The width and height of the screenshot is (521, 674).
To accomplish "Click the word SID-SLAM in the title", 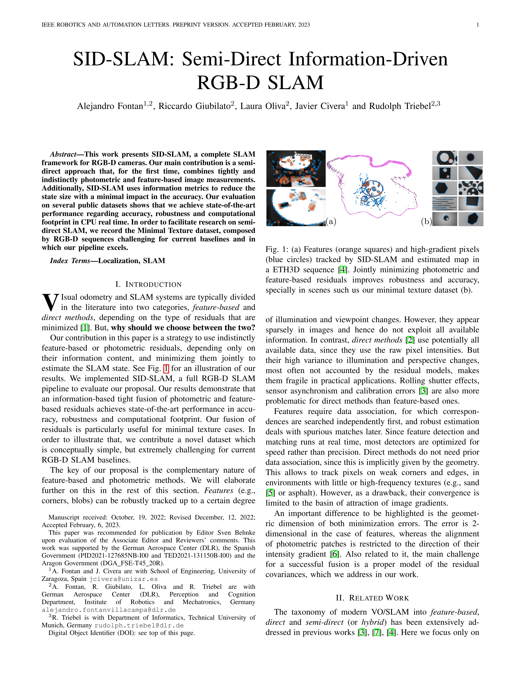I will click(x=121, y=59).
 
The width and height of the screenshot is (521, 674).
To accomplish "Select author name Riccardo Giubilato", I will click(x=195, y=106).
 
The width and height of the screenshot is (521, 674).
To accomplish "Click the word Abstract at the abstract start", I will click(x=63, y=154).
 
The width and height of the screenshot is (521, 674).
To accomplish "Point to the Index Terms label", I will click(x=70, y=261).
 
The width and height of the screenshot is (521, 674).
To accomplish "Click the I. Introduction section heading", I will click(x=149, y=284).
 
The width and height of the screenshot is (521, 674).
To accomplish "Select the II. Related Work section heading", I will click(x=372, y=598).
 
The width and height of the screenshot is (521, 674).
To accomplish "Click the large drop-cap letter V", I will click(x=50, y=302).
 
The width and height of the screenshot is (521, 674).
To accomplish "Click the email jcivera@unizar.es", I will click(x=123, y=579).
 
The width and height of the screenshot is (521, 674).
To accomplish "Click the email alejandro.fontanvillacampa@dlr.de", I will click(x=109, y=610).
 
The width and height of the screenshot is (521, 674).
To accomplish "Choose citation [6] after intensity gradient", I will click(x=335, y=554).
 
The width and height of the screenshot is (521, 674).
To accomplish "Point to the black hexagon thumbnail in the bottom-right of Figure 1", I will click(x=471, y=219).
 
